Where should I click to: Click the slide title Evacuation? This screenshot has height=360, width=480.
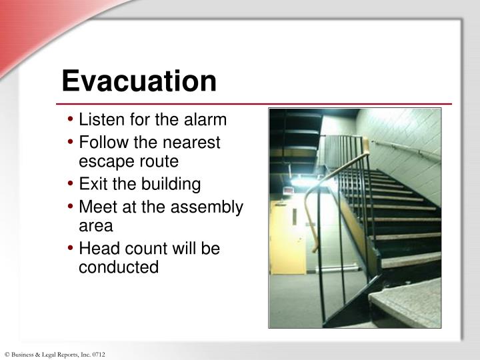click(x=139, y=81)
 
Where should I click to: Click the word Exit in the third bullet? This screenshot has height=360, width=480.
click(x=91, y=184)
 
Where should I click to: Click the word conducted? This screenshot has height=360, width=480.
click(x=119, y=267)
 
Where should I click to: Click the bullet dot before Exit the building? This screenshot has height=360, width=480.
click(x=71, y=184)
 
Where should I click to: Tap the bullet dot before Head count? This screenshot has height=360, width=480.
click(x=71, y=249)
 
